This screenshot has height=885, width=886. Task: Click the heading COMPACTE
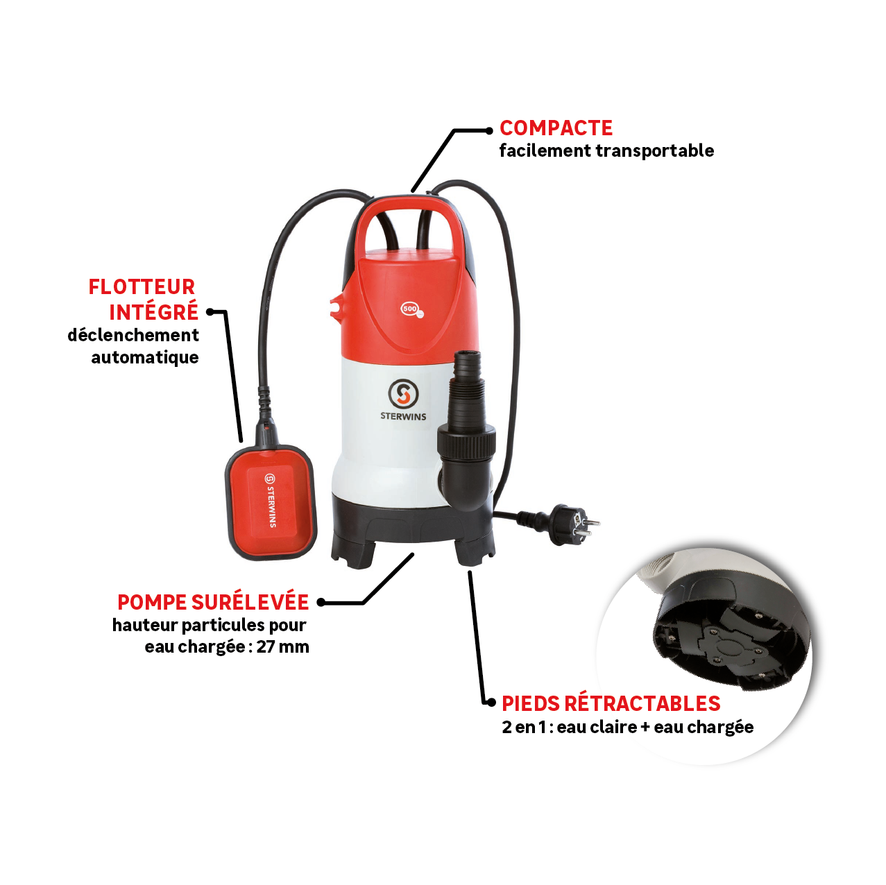coord(556,128)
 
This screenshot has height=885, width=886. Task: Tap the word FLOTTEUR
coord(142,287)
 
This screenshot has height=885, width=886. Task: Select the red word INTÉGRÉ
coord(153,313)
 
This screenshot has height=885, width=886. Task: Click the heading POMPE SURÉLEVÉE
coord(212,602)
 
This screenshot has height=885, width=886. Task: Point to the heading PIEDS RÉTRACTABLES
coord(611,703)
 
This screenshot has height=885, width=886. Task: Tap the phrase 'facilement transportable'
coord(606,151)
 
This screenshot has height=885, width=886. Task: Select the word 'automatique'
coord(144,358)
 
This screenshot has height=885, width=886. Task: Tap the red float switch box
coord(271,501)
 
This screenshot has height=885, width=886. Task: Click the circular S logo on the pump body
coord(403,394)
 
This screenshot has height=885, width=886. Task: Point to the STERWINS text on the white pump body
coord(403,416)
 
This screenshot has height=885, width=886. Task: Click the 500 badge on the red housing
coord(411,309)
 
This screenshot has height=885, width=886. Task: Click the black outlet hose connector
coord(466,430)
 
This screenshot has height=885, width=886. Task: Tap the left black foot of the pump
coord(353,551)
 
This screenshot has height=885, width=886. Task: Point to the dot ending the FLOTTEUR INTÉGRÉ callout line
coord(210,312)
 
